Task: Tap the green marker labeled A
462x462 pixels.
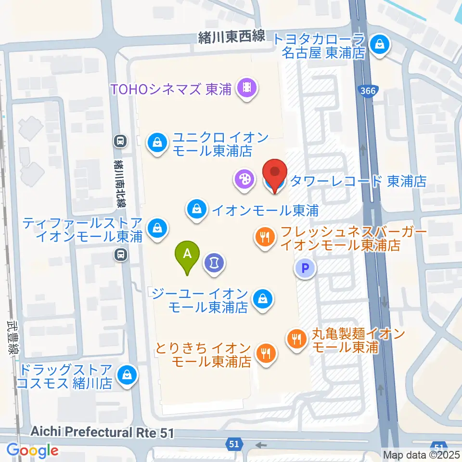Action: (189, 254)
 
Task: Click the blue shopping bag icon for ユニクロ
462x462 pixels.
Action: (156, 142)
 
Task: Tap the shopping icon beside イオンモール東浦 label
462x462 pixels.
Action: (197, 210)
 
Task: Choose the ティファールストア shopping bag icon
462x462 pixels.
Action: (156, 228)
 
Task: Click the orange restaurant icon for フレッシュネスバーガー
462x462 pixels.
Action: (264, 236)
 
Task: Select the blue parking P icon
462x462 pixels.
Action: (305, 269)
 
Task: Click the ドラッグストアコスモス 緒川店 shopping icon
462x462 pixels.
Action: (128, 373)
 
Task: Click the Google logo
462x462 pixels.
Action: (32, 450)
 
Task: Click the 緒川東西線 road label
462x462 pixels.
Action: (231, 38)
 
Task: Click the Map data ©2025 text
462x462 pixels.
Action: (421, 454)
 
